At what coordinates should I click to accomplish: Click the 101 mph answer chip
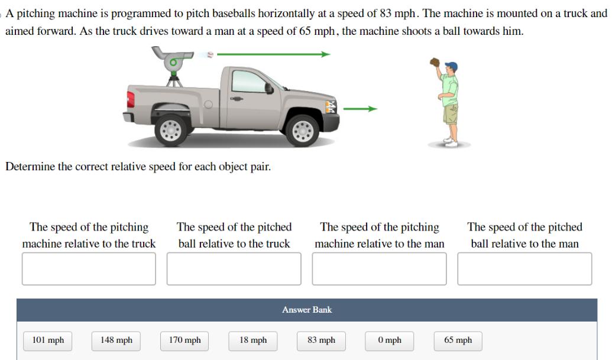[x=48, y=340]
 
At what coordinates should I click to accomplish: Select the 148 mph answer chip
[x=116, y=340]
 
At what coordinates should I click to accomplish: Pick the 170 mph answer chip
[x=184, y=340]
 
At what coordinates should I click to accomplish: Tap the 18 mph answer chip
[x=253, y=340]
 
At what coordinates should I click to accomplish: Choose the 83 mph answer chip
[x=321, y=340]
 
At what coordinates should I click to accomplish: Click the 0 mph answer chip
[x=390, y=340]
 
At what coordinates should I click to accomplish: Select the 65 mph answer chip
[x=458, y=340]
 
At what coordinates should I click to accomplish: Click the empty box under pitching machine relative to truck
[x=89, y=269]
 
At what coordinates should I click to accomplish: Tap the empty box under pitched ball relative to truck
[x=234, y=269]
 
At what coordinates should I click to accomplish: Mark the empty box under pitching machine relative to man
[x=379, y=269]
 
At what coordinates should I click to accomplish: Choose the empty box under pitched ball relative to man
[x=524, y=269]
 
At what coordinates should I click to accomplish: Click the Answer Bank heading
[x=307, y=310]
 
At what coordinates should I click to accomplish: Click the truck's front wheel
[x=303, y=129]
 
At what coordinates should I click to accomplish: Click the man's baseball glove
[x=435, y=61]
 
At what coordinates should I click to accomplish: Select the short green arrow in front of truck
[x=360, y=109]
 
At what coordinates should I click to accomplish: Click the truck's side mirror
[x=268, y=88]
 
